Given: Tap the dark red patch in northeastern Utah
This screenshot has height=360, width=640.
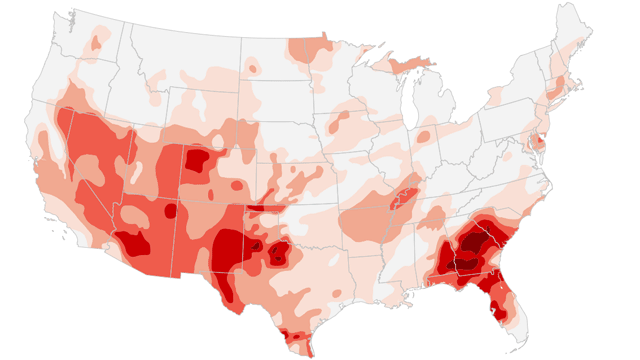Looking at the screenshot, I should [198, 160].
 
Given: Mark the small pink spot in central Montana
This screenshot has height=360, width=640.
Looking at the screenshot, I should [251, 69].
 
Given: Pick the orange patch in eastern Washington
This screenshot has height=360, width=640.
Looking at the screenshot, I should [98, 40].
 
